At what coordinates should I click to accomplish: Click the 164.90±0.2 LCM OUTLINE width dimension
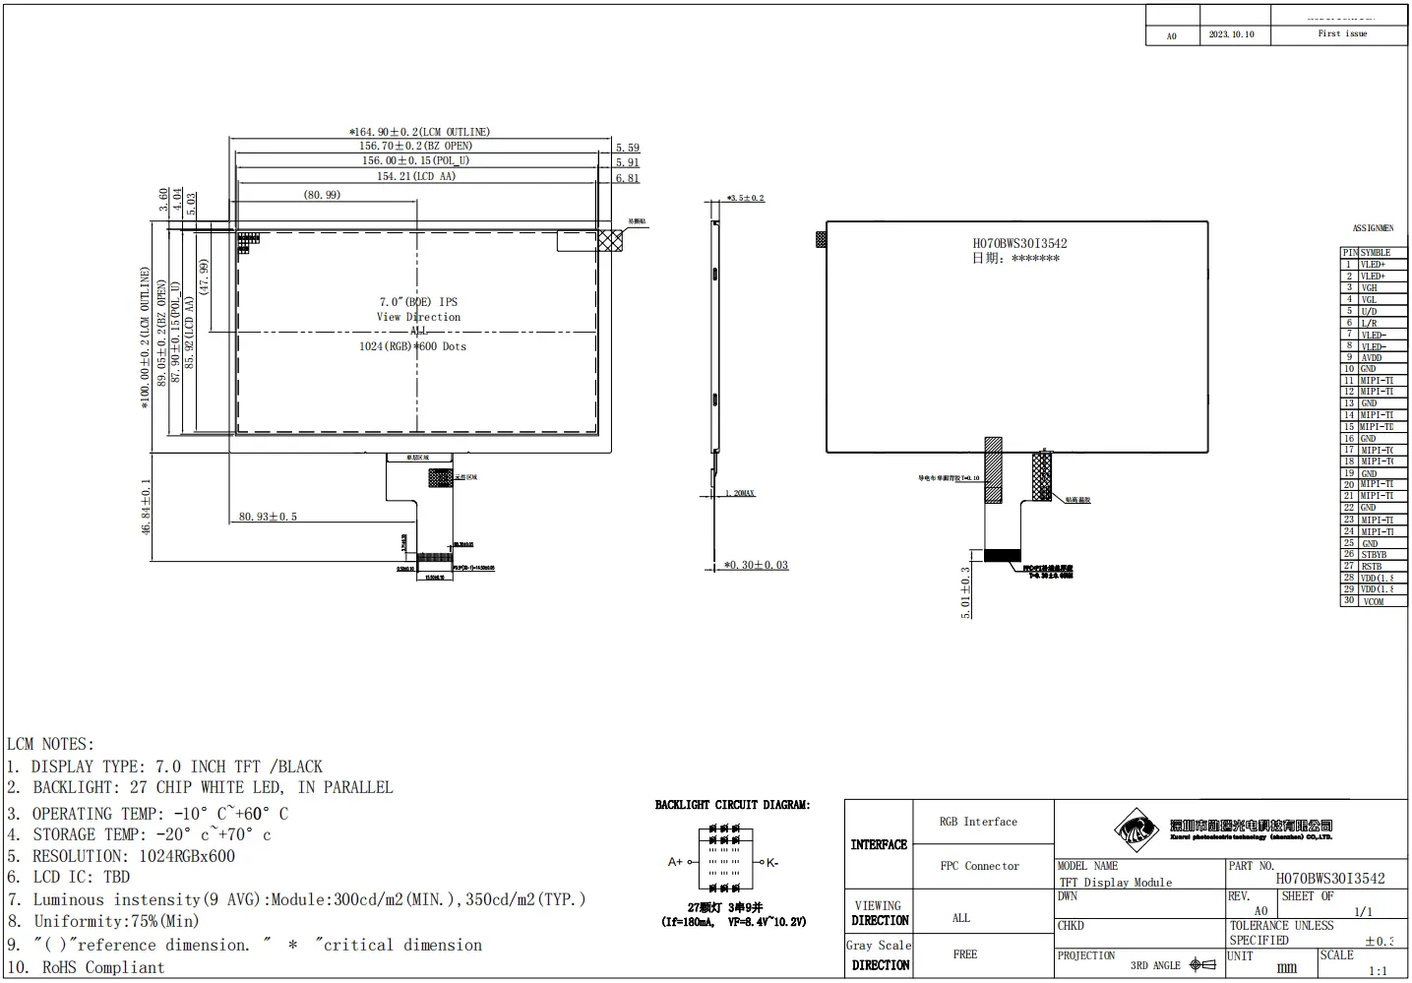pos(420,132)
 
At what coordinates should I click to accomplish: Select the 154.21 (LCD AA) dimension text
pos(416,176)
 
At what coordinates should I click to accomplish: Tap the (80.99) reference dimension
pos(322,195)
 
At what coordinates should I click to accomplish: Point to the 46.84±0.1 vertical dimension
pos(146,507)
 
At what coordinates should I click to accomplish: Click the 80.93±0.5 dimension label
pos(268,517)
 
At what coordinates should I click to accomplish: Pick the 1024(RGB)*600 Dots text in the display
pos(412,346)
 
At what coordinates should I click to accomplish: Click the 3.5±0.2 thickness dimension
pos(746,199)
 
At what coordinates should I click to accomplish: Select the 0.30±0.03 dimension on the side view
pos(757,565)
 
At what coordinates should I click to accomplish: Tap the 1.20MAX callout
pos(740,493)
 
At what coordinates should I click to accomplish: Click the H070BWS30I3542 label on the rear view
pos(1019,243)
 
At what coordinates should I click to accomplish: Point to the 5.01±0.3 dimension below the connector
pos(965,591)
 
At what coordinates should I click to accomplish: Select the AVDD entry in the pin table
pos(1372,357)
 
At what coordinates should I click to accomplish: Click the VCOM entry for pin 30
pos(1374,601)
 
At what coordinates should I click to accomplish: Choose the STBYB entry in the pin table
pos(1374,555)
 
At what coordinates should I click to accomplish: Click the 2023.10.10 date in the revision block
pos(1231,34)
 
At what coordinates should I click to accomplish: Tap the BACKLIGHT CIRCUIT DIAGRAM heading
pos(732,805)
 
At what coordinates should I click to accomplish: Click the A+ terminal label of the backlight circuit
pos(675,862)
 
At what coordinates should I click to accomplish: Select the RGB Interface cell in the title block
pos(978,822)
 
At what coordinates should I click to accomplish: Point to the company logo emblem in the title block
pos(1139,829)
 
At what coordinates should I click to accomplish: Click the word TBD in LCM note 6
pos(117,877)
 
